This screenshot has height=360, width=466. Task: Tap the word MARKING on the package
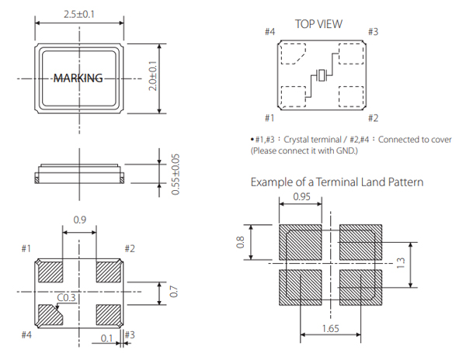coord(78,78)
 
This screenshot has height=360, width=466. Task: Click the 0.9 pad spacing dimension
coord(79,220)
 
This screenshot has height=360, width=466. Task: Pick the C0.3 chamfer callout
coord(68,296)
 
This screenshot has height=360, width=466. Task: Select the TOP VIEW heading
coord(318,24)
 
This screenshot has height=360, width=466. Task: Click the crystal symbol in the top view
coord(322,75)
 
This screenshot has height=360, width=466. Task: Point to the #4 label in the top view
coord(270,32)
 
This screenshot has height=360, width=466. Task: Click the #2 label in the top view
coord(372,118)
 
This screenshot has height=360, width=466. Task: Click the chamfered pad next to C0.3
coord(51,316)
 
